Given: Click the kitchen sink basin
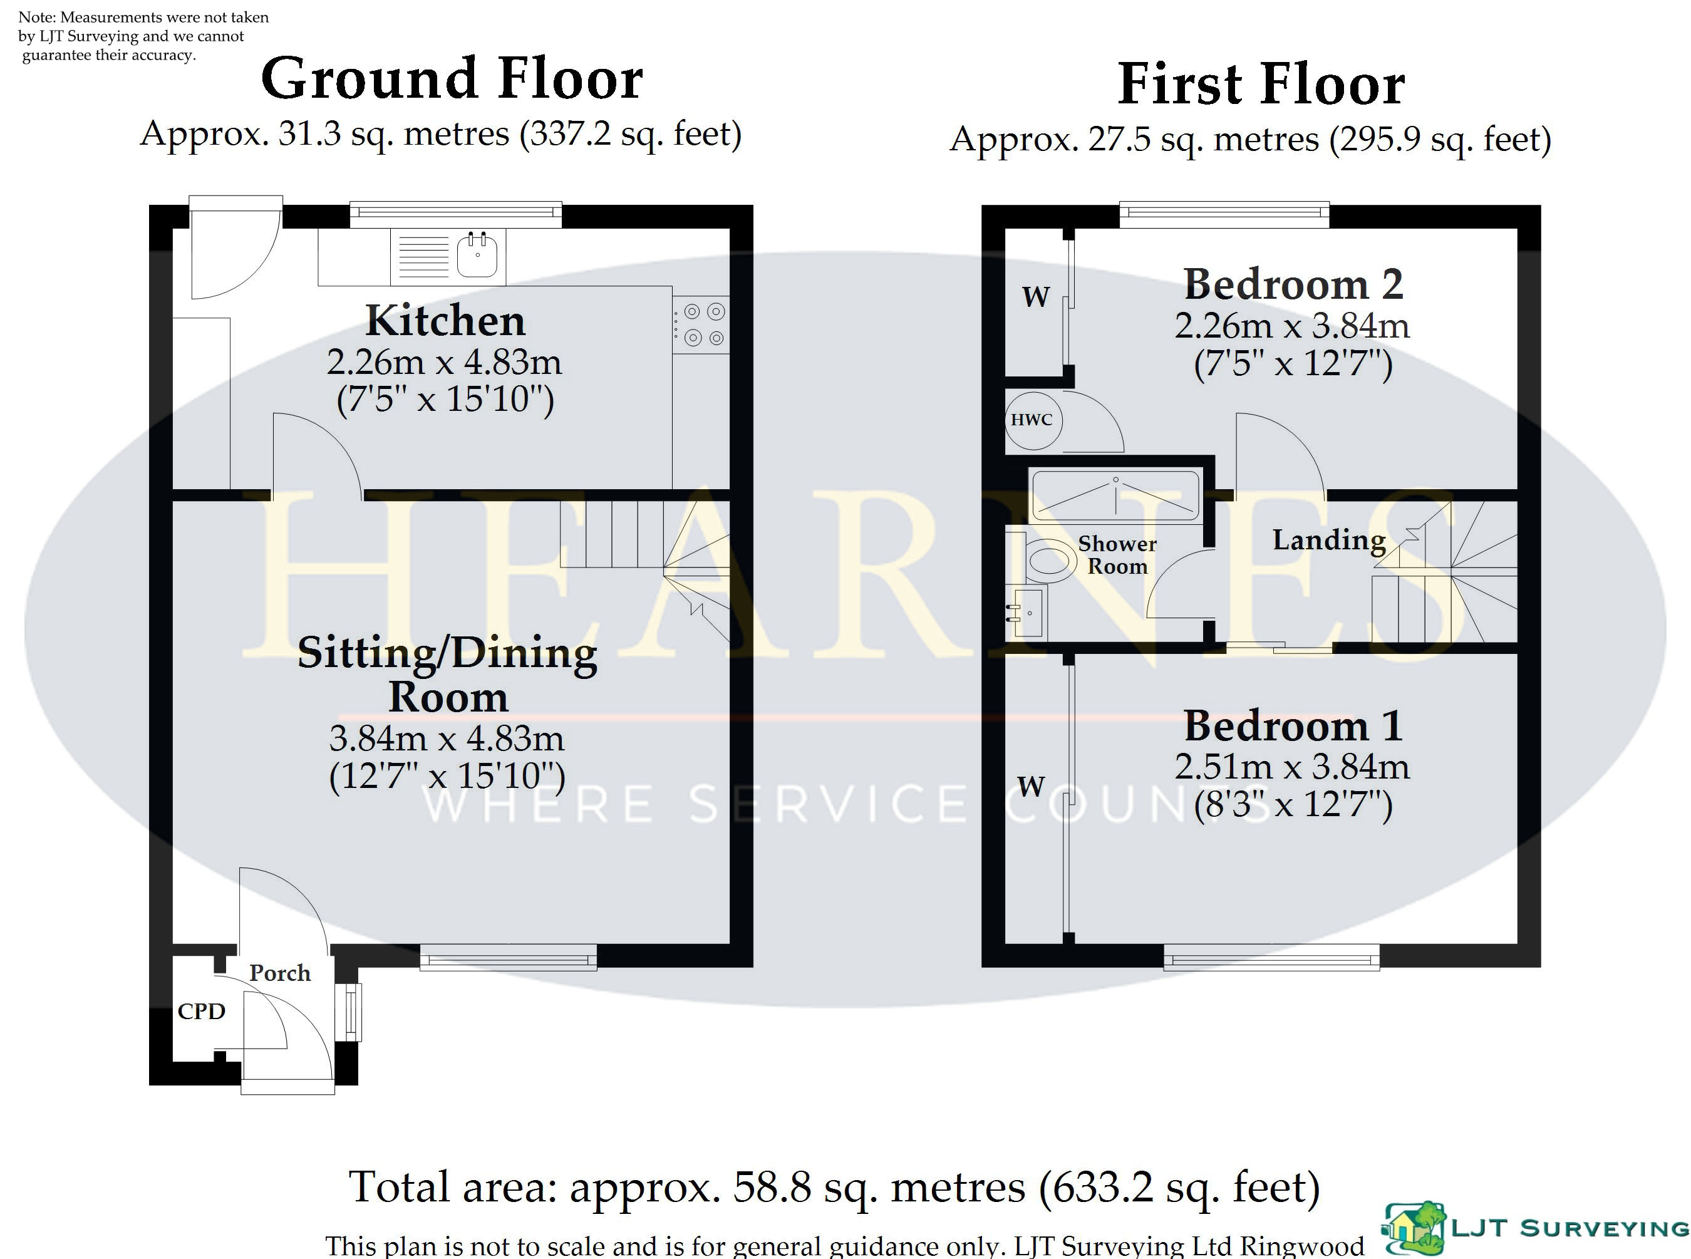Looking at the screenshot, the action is click(x=478, y=256).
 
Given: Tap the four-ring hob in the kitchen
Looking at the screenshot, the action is click(x=701, y=324).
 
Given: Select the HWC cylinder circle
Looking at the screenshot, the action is click(x=1033, y=420).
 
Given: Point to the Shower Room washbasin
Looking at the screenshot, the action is click(x=1026, y=612).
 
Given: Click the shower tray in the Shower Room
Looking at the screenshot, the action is click(x=1115, y=495).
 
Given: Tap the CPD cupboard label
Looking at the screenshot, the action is click(x=201, y=1012).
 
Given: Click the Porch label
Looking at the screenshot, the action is click(x=280, y=973).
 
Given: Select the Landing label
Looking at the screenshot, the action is click(x=1329, y=541).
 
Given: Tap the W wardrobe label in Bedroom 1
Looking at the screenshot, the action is click(x=1031, y=785).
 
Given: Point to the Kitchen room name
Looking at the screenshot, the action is click(x=445, y=321).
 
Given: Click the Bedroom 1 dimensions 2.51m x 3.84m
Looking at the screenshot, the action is click(x=1291, y=766).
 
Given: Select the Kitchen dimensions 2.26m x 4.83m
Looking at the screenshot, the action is click(x=444, y=362).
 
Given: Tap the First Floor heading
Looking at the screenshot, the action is click(x=1261, y=84).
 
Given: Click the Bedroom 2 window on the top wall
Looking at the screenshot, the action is click(x=1224, y=214).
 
